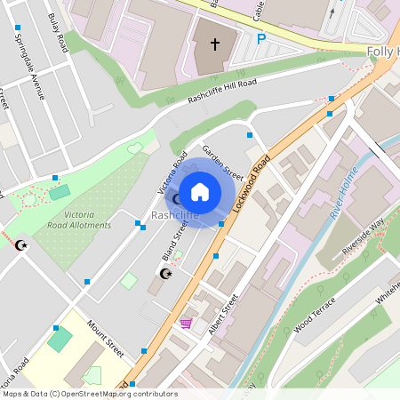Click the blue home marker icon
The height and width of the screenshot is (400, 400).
[200, 191]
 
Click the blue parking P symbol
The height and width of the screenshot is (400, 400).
[260, 39]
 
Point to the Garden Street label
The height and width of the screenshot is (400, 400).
[222, 162]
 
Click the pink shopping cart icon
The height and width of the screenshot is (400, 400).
[186, 323]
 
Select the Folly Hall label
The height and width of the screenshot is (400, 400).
[383, 51]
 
